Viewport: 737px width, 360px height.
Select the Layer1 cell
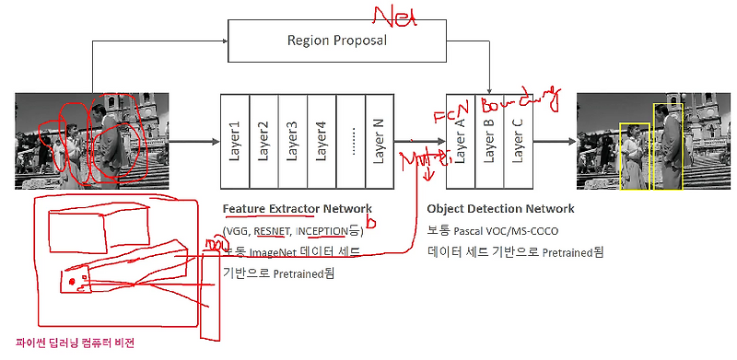pyautogui.click(x=235, y=142)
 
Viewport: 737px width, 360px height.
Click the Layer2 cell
pyautogui.click(x=264, y=142)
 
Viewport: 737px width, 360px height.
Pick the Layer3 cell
pyautogui.click(x=293, y=142)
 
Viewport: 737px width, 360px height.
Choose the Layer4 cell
pyautogui.click(x=322, y=142)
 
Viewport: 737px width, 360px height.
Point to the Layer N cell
pyautogui.click(x=379, y=142)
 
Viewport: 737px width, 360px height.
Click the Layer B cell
pyautogui.click(x=490, y=142)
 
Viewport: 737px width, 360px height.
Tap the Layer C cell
pyautogui.click(x=519, y=142)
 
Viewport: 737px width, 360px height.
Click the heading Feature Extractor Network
pyautogui.click(x=298, y=209)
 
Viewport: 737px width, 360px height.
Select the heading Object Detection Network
pyautogui.click(x=500, y=209)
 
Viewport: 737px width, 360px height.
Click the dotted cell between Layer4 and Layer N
pyautogui.click(x=350, y=142)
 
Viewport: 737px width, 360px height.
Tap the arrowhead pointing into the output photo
pyautogui.click(x=569, y=141)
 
